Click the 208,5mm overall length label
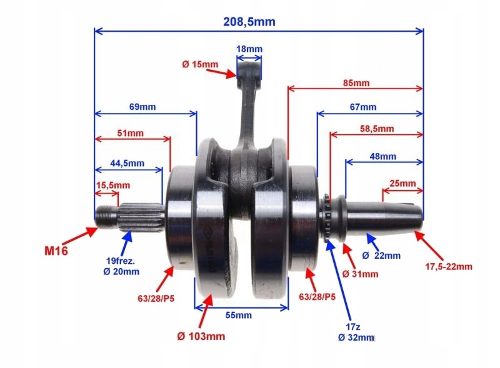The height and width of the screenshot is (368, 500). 249,22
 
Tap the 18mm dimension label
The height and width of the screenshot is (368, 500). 249,49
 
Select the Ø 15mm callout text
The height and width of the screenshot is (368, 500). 200,64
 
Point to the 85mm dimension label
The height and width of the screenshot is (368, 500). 356,83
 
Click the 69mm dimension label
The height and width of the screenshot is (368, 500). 142,107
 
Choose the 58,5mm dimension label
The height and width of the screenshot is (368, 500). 377,128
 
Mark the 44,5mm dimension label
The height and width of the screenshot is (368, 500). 127,163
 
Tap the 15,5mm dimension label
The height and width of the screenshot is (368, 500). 113,185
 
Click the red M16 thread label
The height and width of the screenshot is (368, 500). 56,251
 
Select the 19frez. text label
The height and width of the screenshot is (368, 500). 121,261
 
